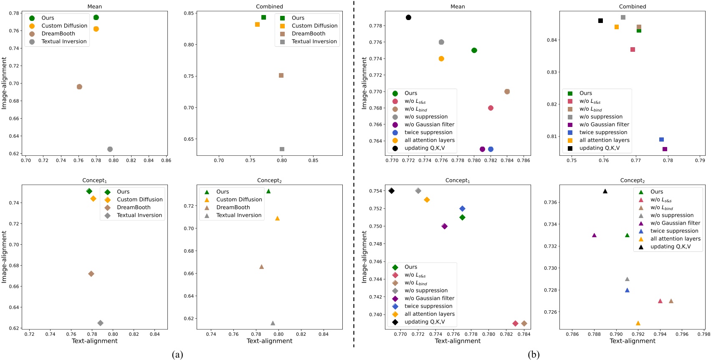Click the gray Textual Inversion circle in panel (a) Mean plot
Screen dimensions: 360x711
pyautogui.click(x=110, y=149)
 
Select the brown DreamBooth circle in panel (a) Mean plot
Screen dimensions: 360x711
pyautogui.click(x=79, y=87)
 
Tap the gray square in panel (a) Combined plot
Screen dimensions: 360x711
pyautogui.click(x=282, y=149)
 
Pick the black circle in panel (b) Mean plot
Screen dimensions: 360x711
pyautogui.click(x=408, y=18)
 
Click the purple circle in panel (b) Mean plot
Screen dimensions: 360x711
pyautogui.click(x=482, y=149)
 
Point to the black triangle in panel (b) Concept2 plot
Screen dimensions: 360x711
pyautogui.click(x=605, y=191)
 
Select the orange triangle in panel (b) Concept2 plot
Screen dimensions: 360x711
pyautogui.click(x=638, y=323)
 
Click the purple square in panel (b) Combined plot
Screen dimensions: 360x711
pyautogui.click(x=665, y=149)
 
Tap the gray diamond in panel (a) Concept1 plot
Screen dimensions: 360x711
pyautogui.click(x=100, y=323)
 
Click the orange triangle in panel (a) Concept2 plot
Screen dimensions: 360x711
pyautogui.click(x=277, y=218)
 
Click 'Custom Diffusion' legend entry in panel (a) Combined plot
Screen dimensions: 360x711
pyautogui.click(x=314, y=26)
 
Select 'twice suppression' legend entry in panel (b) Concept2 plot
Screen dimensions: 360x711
pyautogui.click(x=674, y=231)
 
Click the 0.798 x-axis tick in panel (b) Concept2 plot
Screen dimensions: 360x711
pyautogui.click(x=703, y=334)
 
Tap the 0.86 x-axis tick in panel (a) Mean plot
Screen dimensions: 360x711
pyautogui.click(x=166, y=160)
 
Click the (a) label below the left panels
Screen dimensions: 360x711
pyautogui.click(x=177, y=355)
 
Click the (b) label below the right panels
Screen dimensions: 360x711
pyautogui.click(x=533, y=355)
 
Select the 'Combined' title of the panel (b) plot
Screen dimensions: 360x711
pyautogui.click(x=632, y=7)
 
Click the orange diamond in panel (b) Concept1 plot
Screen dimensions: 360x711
pyautogui.click(x=427, y=200)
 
